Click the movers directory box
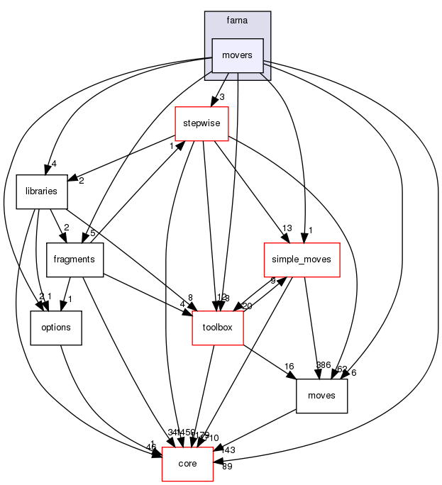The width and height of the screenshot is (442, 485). pyautogui.click(x=238, y=55)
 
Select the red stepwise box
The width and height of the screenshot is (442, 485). pyautogui.click(x=202, y=123)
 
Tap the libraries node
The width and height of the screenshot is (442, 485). pyautogui.click(x=41, y=191)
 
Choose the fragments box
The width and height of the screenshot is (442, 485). pyautogui.click(x=75, y=260)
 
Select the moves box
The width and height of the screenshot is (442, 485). pyautogui.click(x=322, y=396)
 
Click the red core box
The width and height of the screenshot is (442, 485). pyautogui.click(x=188, y=464)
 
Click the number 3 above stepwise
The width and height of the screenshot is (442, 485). pyautogui.click(x=222, y=96)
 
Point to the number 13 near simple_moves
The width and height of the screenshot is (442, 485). pyautogui.click(x=287, y=228)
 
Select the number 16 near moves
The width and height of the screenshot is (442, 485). pyautogui.click(x=289, y=367)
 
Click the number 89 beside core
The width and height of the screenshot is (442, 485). pyautogui.click(x=228, y=466)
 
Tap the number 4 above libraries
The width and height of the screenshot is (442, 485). pyautogui.click(x=53, y=164)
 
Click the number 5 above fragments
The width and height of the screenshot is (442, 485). pyautogui.click(x=93, y=233)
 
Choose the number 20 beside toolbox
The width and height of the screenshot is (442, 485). pyautogui.click(x=246, y=306)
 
